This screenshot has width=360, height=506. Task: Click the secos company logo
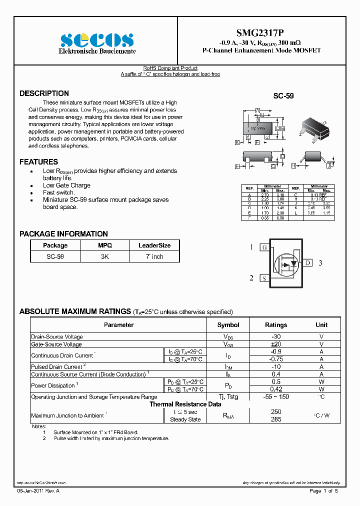pyautogui.click(x=97, y=40)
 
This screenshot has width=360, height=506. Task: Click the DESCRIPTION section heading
pyautogui.click(x=44, y=93)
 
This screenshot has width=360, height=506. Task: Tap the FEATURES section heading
pyautogui.click(x=38, y=162)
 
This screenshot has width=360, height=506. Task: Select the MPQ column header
pyautogui.click(x=105, y=245)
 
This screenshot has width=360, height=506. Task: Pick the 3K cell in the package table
pyautogui.click(x=105, y=256)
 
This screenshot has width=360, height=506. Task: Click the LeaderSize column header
pyautogui.click(x=154, y=245)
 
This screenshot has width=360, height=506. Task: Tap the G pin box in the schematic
pyautogui.click(x=264, y=247)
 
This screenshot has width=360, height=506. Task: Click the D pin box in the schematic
pyautogui.click(x=308, y=263)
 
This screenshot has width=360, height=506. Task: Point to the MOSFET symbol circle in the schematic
pyautogui.click(x=286, y=263)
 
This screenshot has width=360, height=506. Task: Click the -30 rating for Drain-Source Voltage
pyautogui.click(x=275, y=337)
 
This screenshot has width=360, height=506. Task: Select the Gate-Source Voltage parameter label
pyautogui.click(x=56, y=344)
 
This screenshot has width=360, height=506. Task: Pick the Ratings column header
pyautogui.click(x=275, y=325)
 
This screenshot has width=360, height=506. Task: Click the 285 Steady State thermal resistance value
pyautogui.click(x=275, y=419)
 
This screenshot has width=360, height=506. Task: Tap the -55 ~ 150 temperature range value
pyautogui.click(x=275, y=396)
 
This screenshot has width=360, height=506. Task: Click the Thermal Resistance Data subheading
pyautogui.click(x=185, y=404)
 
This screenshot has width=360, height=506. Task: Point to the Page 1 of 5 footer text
pyautogui.click(x=323, y=491)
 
